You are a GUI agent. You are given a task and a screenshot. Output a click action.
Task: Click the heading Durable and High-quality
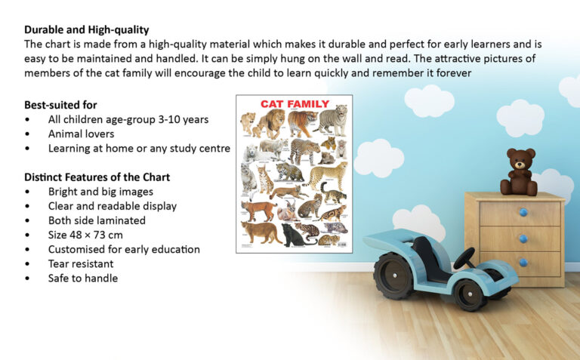click(x=86, y=29)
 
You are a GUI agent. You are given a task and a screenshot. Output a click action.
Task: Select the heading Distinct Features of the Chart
click(x=97, y=177)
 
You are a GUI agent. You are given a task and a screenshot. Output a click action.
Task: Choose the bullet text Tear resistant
click(x=81, y=263)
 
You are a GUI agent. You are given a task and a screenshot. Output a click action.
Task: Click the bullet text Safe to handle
click(x=83, y=278)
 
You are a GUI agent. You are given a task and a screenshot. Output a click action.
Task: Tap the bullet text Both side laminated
click(x=97, y=220)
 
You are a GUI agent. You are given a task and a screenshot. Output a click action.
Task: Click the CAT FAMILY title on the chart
click(x=295, y=104)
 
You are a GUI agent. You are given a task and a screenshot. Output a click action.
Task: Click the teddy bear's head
click(x=520, y=159)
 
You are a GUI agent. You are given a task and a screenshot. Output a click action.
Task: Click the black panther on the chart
click(x=295, y=236)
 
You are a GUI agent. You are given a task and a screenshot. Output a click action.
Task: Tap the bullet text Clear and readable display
click(x=112, y=206)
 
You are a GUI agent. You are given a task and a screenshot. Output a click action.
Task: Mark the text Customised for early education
click(x=124, y=249)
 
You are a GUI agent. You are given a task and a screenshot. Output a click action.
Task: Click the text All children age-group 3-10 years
click(x=128, y=119)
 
